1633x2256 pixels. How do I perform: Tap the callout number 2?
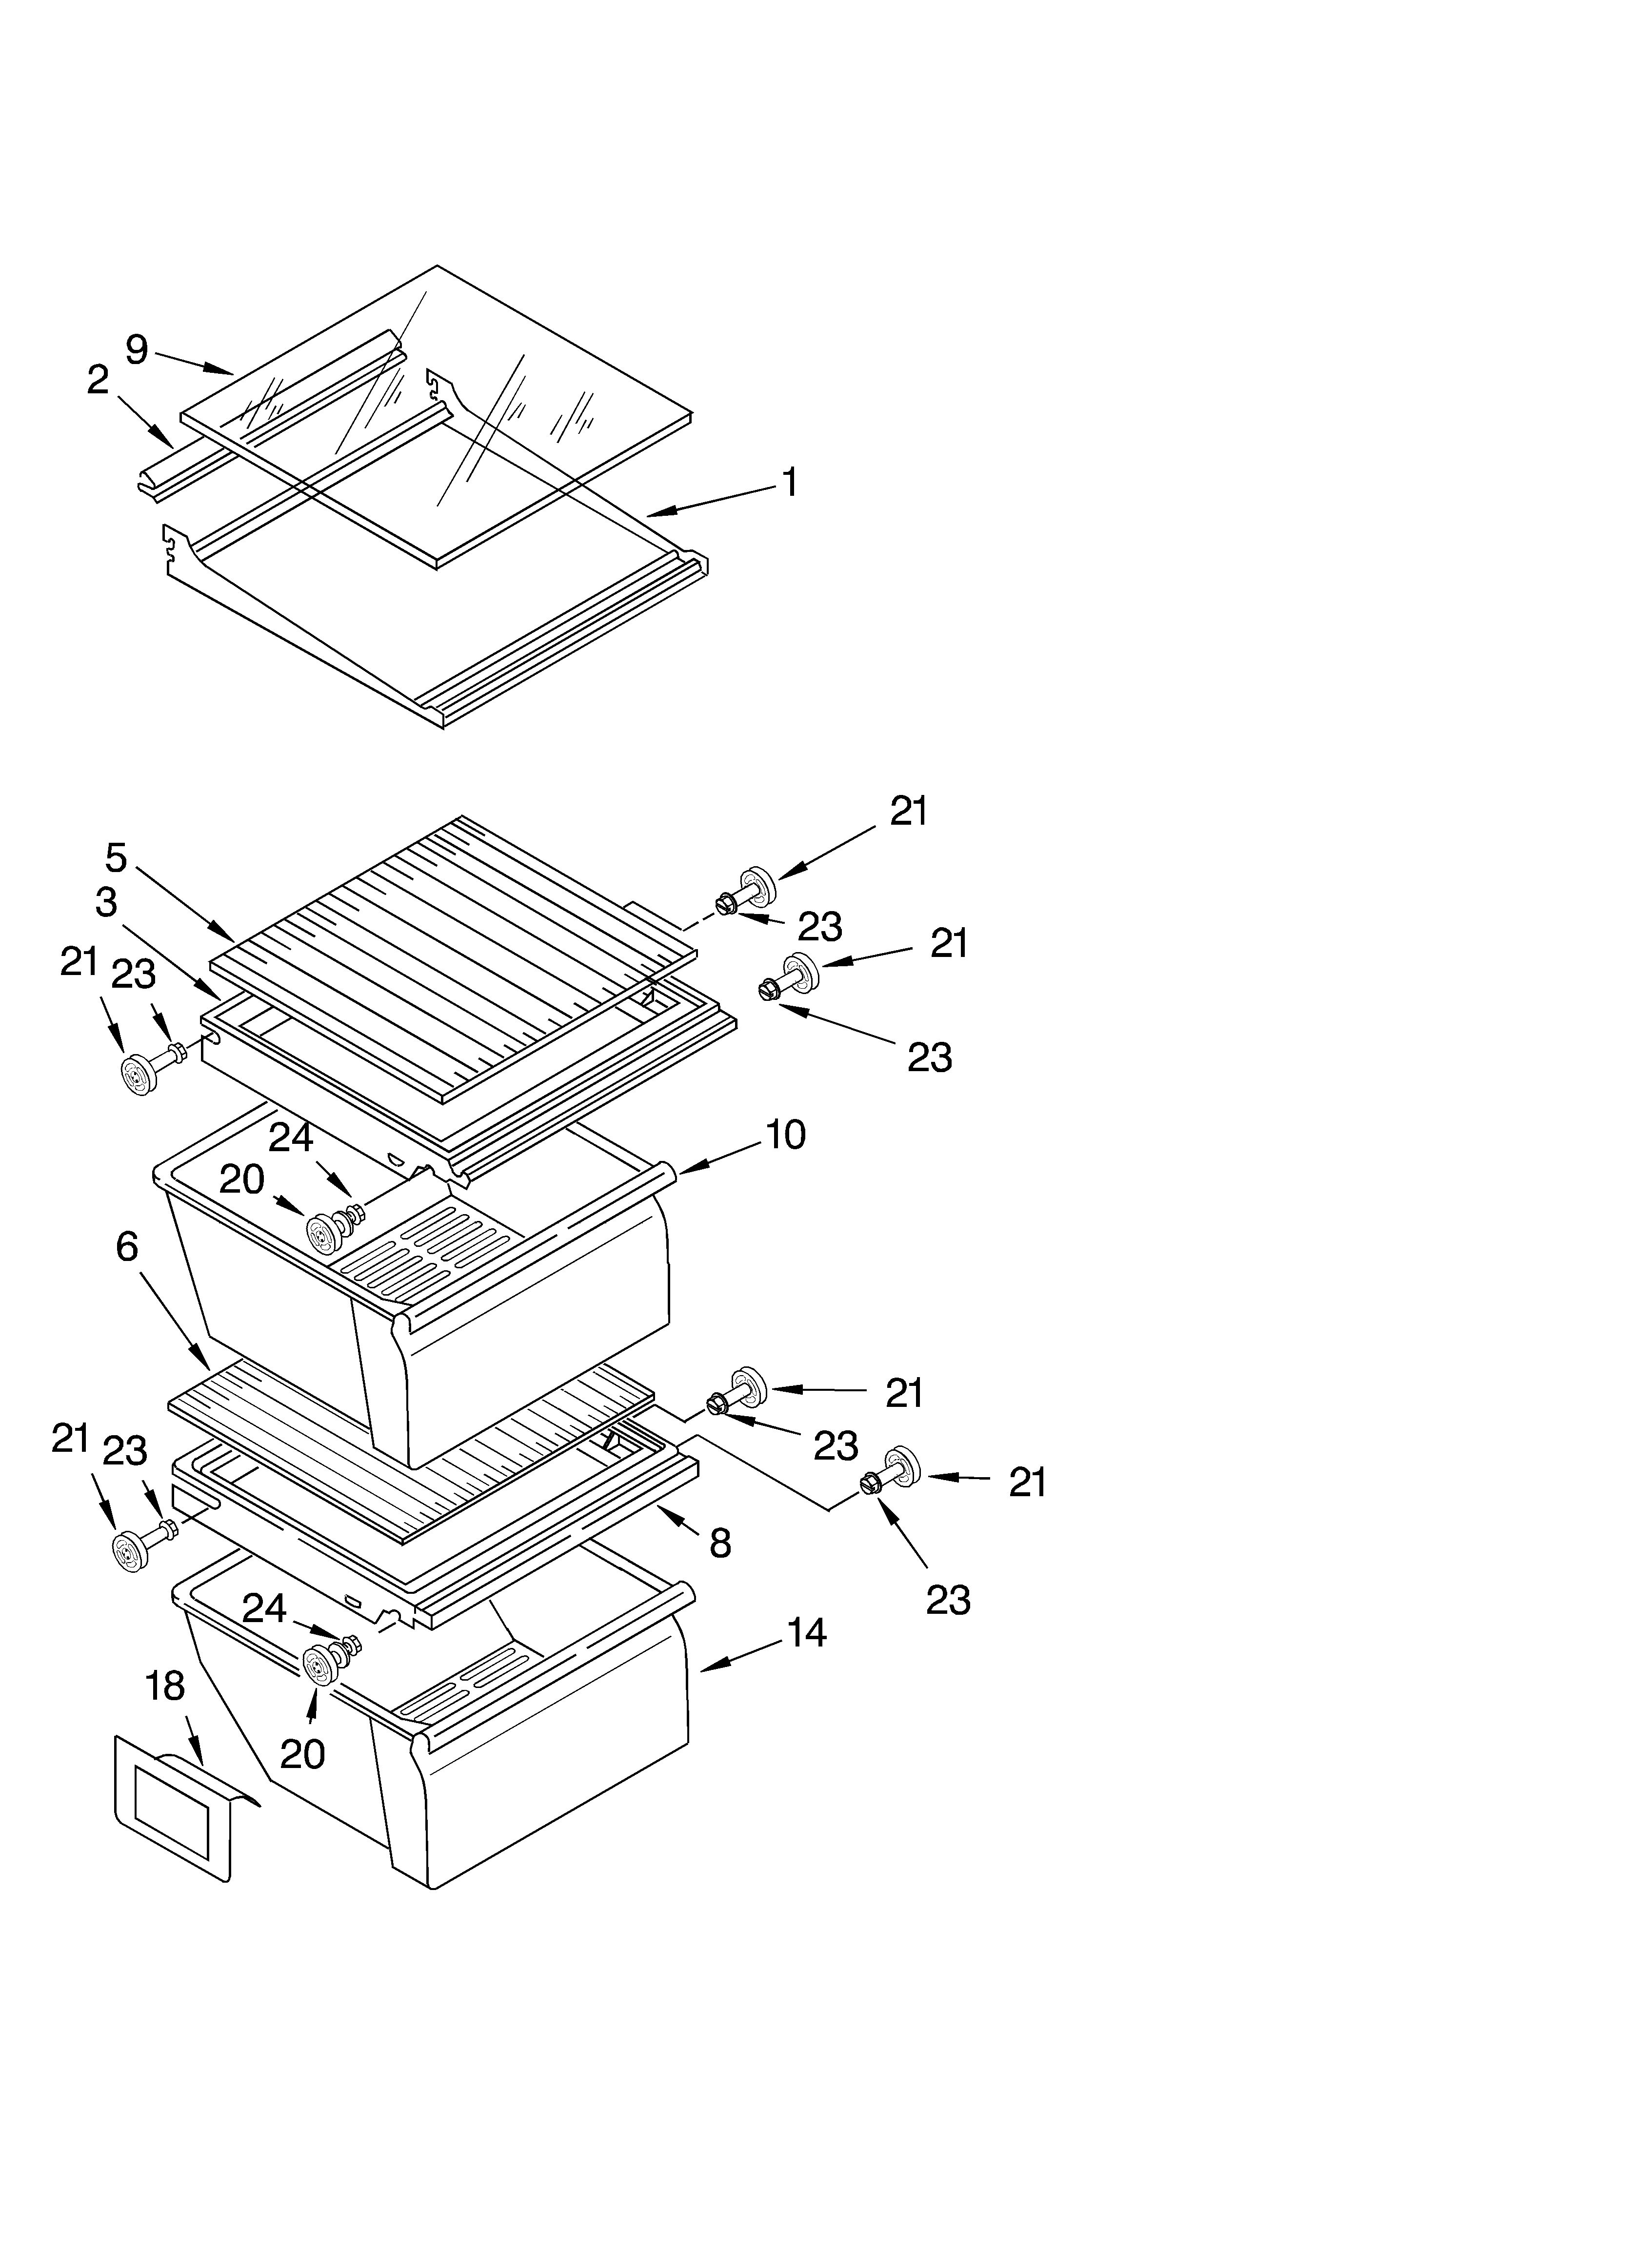98,380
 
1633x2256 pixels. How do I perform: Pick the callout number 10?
786,1135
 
